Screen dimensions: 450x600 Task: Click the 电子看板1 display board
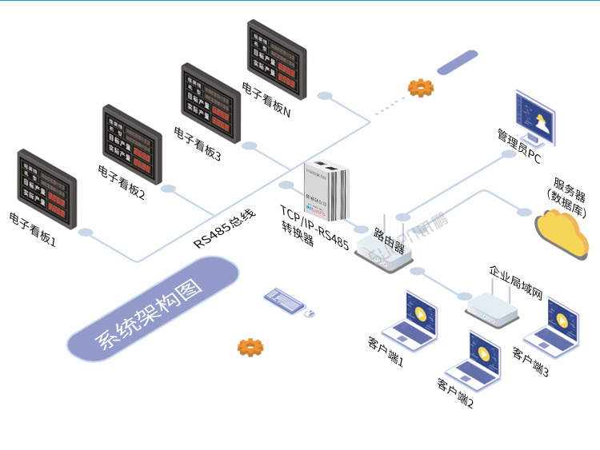click(47, 189)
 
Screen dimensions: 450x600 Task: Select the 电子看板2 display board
click(132, 144)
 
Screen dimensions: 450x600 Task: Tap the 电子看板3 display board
click(210, 102)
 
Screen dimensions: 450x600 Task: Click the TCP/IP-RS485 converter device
click(327, 189)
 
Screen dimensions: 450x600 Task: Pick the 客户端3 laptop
click(553, 328)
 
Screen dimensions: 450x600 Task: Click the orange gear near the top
click(420, 87)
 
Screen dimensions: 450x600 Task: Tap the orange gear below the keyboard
click(250, 347)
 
